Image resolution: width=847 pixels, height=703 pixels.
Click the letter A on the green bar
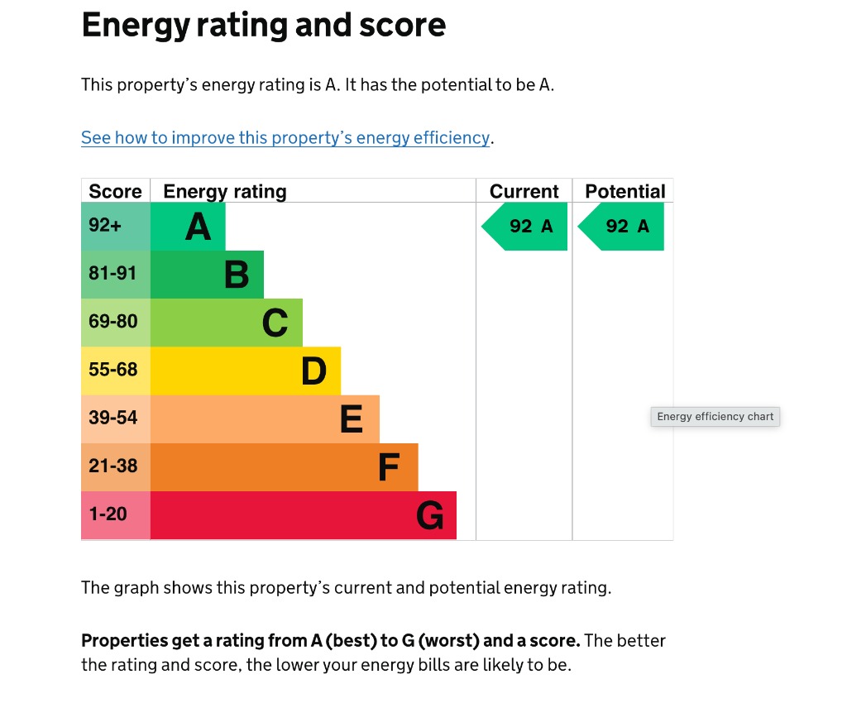[x=198, y=226]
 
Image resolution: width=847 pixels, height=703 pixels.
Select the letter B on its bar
[x=237, y=275]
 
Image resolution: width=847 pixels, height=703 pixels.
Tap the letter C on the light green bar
[x=275, y=323]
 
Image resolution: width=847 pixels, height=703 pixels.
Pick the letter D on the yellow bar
[x=313, y=371]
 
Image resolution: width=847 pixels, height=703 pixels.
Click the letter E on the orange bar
[x=352, y=419]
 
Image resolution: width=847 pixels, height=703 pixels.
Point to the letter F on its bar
[x=389, y=467]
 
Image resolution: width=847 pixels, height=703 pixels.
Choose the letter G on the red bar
[x=429, y=515]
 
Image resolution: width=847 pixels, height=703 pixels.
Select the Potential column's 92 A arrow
[x=623, y=226]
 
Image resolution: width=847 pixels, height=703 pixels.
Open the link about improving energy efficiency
[x=285, y=138]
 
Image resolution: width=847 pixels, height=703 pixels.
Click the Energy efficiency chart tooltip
[x=715, y=417]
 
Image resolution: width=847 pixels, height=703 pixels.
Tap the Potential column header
[x=624, y=191]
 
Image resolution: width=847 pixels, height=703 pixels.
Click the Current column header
[x=524, y=191]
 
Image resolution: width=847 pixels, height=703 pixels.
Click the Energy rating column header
[x=225, y=191]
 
